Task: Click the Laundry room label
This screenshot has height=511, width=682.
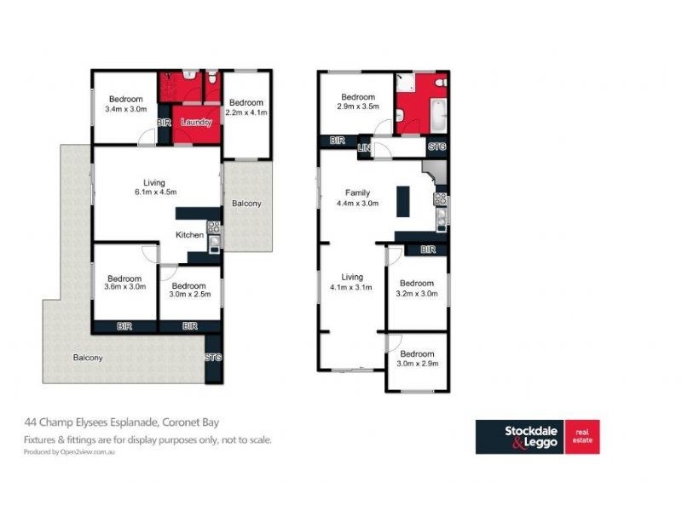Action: click(196, 122)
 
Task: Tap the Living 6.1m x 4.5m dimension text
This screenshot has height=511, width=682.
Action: click(155, 192)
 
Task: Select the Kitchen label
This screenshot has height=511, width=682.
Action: click(189, 235)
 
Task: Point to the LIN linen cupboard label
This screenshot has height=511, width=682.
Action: click(364, 147)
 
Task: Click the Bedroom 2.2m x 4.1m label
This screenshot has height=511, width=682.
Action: click(246, 107)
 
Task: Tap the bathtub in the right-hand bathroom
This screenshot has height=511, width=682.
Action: click(439, 116)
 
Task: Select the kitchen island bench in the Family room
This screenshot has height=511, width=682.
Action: click(402, 201)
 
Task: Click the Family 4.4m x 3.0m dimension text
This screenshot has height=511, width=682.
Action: click(357, 203)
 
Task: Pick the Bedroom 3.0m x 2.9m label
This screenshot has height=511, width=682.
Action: click(417, 359)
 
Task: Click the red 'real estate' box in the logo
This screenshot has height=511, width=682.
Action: click(582, 437)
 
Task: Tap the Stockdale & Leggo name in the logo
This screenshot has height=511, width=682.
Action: click(530, 437)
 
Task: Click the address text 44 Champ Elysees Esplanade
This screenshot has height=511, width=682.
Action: click(92, 422)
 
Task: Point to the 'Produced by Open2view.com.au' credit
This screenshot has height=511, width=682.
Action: click(69, 452)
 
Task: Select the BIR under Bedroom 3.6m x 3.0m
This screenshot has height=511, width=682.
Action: click(124, 326)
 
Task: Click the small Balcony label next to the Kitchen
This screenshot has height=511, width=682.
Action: click(246, 204)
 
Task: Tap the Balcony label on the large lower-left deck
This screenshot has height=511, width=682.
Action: click(88, 358)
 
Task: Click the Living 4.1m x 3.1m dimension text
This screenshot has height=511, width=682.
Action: click(351, 287)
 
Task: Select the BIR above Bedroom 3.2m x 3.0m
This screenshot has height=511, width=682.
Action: click(428, 250)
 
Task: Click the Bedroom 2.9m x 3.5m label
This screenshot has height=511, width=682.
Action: click(358, 101)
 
